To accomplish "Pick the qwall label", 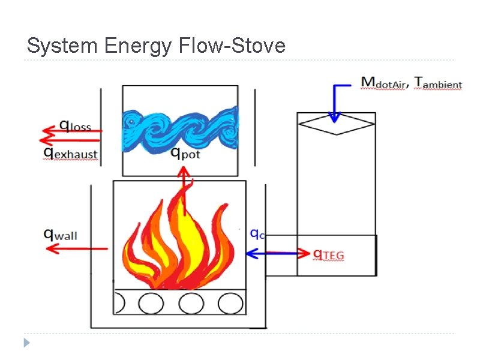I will click(61, 233).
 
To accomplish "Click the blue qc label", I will click(257, 233).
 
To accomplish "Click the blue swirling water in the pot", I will click(179, 126).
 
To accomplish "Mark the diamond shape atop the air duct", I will click(336, 125).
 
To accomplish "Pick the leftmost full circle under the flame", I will click(151, 303).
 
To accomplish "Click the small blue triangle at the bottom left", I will click(26, 343).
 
